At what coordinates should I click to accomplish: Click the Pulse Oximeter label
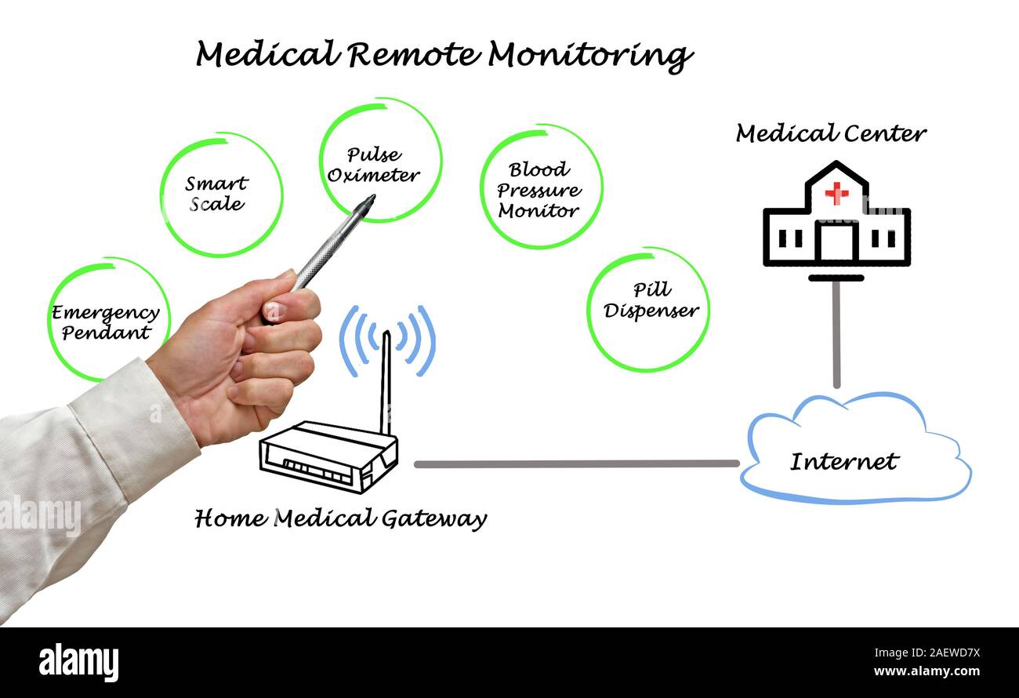[x=373, y=165]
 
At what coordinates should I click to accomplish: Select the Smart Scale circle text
[x=216, y=194]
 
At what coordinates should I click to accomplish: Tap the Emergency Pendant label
[x=106, y=322]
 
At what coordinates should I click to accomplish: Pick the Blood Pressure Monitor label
[x=539, y=190]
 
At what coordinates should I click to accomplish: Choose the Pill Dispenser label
[x=651, y=301]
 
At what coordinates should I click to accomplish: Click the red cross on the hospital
[x=836, y=192]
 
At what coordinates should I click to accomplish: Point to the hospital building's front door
[x=836, y=241]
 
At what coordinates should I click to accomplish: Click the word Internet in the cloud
[x=843, y=461]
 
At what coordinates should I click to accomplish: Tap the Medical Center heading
[x=831, y=134]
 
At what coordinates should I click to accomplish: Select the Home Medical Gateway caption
[x=340, y=519]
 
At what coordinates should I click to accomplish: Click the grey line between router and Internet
[x=576, y=464]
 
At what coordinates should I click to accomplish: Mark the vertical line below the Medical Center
[x=836, y=333]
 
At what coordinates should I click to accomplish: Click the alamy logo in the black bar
[x=78, y=663]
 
